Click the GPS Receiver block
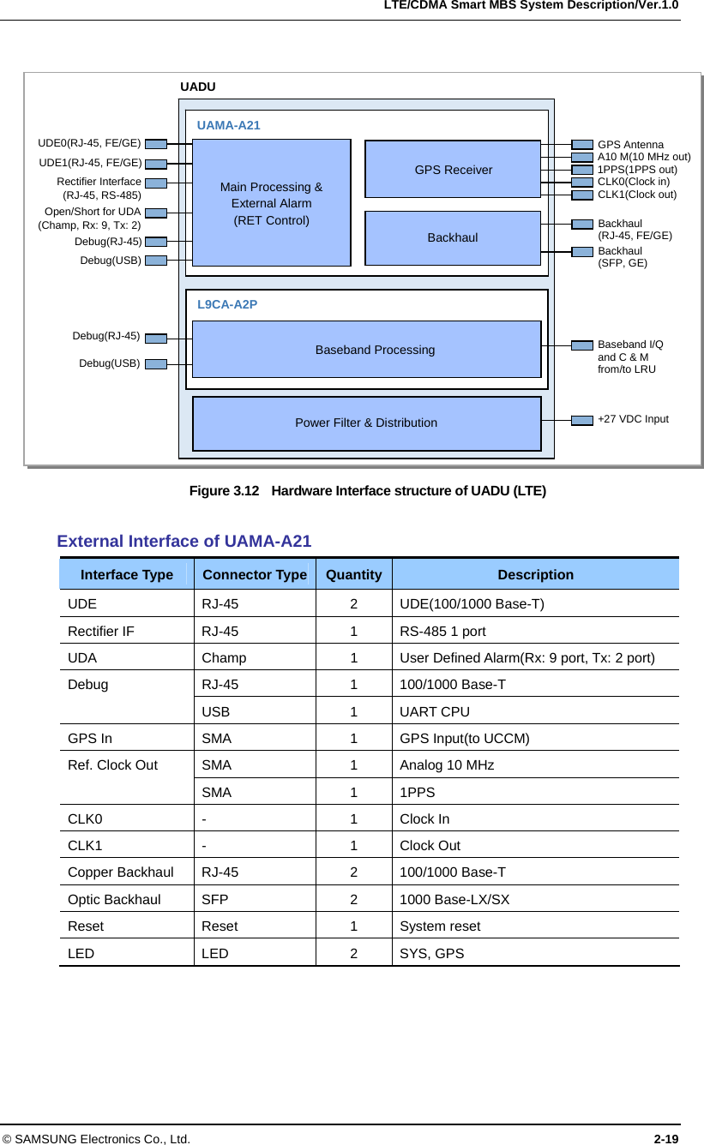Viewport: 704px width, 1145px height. [453, 169]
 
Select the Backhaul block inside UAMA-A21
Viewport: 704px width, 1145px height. [453, 237]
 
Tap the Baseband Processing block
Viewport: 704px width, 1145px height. [367, 349]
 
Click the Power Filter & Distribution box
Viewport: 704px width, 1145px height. [366, 423]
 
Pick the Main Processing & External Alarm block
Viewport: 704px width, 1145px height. [271, 203]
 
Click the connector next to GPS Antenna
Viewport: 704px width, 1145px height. [582, 145]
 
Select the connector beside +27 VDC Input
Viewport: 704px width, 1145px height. [582, 420]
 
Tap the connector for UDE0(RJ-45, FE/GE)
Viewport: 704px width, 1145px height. [155, 143]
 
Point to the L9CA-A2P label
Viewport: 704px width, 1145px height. [227, 304]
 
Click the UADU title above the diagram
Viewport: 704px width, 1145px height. [198, 87]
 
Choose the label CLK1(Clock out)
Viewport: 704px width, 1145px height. [637, 195]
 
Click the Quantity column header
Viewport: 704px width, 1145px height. [354, 574]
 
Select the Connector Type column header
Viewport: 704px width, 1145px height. [255, 574]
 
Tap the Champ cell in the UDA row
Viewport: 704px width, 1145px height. [224, 657]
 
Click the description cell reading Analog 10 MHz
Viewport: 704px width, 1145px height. [447, 764]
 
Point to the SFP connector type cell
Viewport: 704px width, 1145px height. [215, 899]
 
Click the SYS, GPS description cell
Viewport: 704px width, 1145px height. [432, 952]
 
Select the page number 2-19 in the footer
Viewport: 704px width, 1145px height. [666, 1138]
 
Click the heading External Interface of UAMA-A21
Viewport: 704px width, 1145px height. [184, 541]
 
